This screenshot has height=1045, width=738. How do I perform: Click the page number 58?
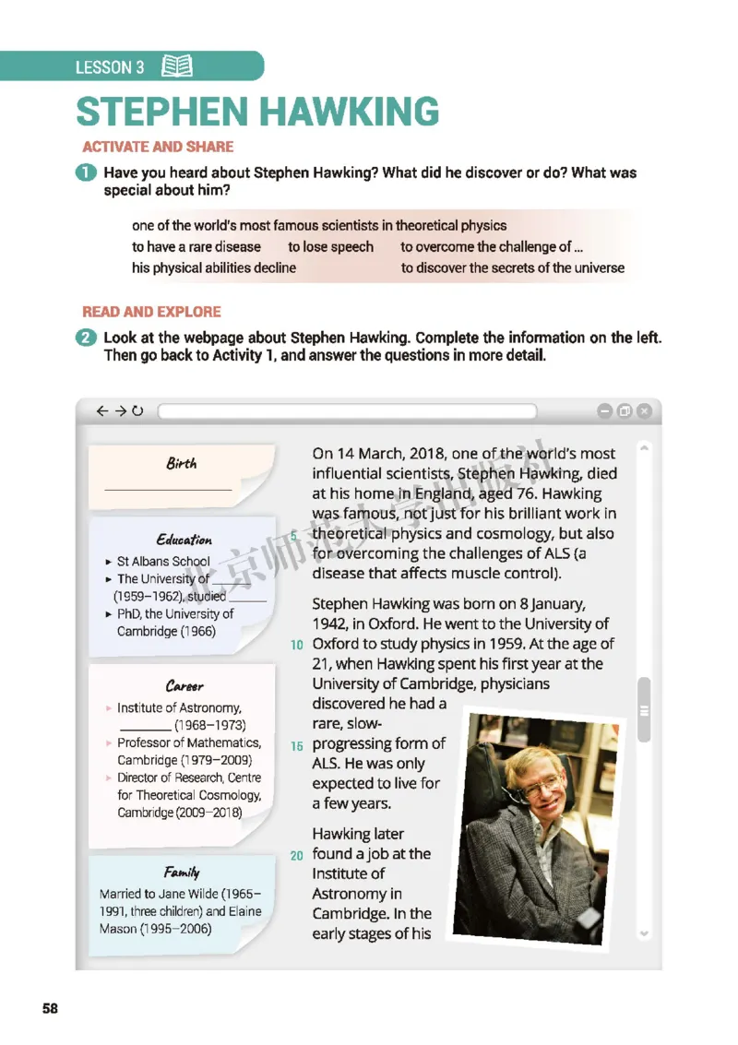pos(50,1008)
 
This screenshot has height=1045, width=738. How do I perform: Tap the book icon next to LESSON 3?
pos(176,65)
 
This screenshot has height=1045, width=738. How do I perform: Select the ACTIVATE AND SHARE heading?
pos(158,146)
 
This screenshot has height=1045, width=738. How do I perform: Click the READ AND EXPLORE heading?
pos(151,312)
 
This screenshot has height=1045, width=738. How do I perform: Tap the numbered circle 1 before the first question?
pos(88,172)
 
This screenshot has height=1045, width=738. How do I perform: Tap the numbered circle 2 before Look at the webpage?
pos(88,338)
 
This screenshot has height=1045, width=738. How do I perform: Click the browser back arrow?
pos(101,411)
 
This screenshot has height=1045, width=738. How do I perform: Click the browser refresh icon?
pos(138,411)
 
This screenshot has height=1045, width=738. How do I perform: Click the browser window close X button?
pos(644,411)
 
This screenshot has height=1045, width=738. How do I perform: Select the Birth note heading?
pos(181,463)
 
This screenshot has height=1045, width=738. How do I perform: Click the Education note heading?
pos(184,540)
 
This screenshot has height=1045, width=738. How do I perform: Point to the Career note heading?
pos(184,685)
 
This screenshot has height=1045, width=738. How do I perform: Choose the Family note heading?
pos(182,872)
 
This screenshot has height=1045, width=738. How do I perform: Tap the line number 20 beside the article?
pos(296,856)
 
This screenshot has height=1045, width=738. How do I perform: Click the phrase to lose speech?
pos(330,247)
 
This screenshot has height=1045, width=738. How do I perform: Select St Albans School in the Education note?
pos(163,561)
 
